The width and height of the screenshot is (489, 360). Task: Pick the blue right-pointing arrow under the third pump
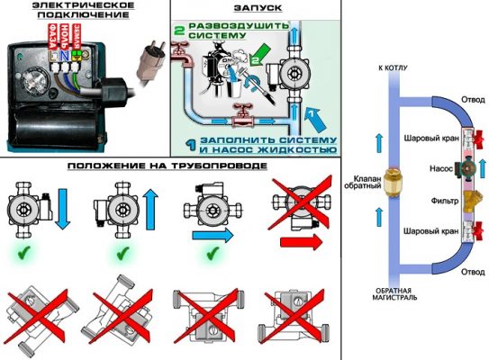click(x=212, y=231)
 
